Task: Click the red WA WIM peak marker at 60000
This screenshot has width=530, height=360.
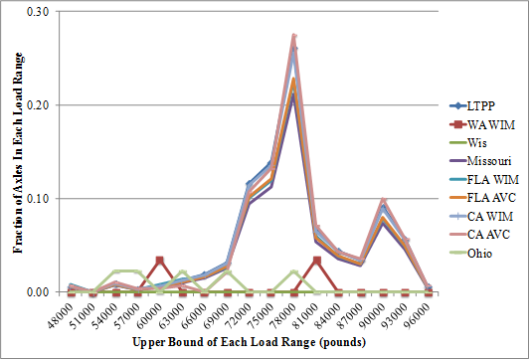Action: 160,261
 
